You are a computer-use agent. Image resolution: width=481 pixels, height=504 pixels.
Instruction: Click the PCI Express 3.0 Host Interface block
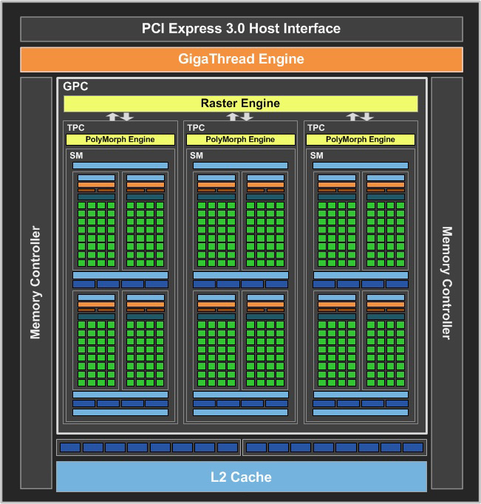pos(241,29)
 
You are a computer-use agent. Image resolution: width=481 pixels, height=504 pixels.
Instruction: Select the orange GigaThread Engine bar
pos(241,59)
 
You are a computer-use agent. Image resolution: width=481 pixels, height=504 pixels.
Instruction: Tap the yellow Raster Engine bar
pos(241,103)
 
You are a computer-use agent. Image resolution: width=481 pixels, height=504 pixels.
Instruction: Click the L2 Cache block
pos(241,477)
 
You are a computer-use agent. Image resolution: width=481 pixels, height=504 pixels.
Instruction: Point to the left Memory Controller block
pos(35,282)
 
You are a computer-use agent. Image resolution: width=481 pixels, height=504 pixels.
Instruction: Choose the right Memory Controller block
pos(446,282)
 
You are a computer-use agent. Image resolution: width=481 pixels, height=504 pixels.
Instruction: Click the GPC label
pos(75,86)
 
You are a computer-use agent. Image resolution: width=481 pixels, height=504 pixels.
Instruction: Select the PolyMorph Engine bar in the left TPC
pos(120,140)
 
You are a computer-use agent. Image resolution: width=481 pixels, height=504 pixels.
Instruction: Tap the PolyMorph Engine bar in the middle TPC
pos(241,140)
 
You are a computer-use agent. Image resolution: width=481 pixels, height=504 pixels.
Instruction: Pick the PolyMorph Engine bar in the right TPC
pos(361,140)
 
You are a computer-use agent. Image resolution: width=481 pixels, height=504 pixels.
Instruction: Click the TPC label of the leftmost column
pos(75,128)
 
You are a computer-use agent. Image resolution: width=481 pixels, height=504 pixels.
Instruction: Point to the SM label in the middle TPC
pos(197,155)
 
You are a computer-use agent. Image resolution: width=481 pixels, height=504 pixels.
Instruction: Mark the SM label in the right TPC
pos(317,155)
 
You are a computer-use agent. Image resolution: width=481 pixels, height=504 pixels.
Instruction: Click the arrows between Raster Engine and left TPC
pos(120,117)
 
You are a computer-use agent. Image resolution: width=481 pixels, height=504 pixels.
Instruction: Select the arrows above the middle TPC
pos(241,117)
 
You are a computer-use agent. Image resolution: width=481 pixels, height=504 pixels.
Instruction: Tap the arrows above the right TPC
pos(361,117)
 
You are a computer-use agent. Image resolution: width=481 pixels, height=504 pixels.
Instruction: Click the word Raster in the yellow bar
pos(218,103)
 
